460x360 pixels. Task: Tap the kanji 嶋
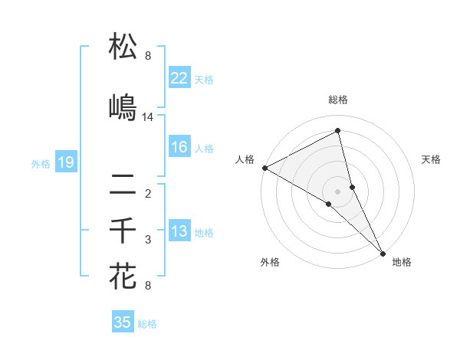coord(123,107)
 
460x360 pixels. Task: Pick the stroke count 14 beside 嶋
coord(148,117)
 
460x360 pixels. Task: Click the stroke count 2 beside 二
coord(148,193)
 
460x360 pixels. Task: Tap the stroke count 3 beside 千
coord(148,240)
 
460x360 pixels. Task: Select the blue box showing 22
coord(179,78)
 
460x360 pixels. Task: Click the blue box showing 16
coord(179,148)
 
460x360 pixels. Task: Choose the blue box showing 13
coord(179,231)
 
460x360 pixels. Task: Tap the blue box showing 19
coord(65,162)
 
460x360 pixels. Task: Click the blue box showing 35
coord(123,322)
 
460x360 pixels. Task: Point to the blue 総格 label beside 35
coord(148,324)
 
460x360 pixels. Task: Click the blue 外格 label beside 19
coord(41,163)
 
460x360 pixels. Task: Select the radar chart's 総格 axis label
coord(337,100)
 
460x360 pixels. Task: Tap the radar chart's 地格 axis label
coord(402,262)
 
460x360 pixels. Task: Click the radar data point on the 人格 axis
coord(264,168)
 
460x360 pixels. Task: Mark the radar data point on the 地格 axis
coord(382,253)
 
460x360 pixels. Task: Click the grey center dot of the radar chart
coord(337,191)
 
